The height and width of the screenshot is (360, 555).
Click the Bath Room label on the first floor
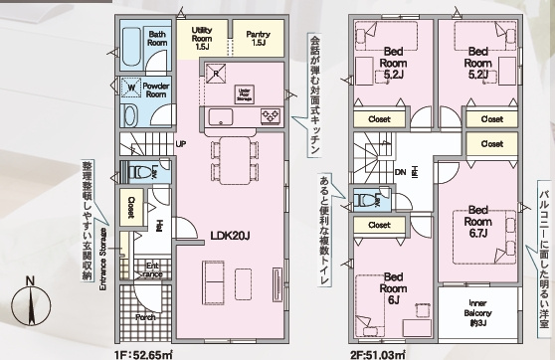pos(157,38)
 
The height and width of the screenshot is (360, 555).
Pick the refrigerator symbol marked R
pos(216,72)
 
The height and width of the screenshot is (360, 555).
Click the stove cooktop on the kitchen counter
pos(270,115)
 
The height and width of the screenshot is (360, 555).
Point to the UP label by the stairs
pos(181,143)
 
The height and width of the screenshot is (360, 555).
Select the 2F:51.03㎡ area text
pos(378,350)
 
